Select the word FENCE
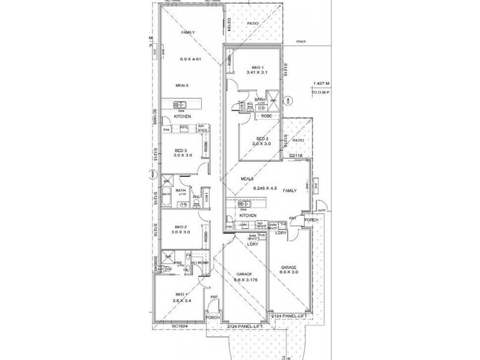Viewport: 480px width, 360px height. click(301, 41)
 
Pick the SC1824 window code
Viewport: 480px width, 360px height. click(180, 325)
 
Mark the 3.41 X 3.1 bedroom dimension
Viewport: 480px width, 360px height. click(257, 73)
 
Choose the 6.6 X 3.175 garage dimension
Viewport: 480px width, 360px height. click(245, 280)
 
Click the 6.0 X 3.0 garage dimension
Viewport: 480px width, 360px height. click(289, 271)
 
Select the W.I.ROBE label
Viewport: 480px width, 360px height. click(199, 263)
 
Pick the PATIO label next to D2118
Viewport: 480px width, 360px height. click(298, 140)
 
